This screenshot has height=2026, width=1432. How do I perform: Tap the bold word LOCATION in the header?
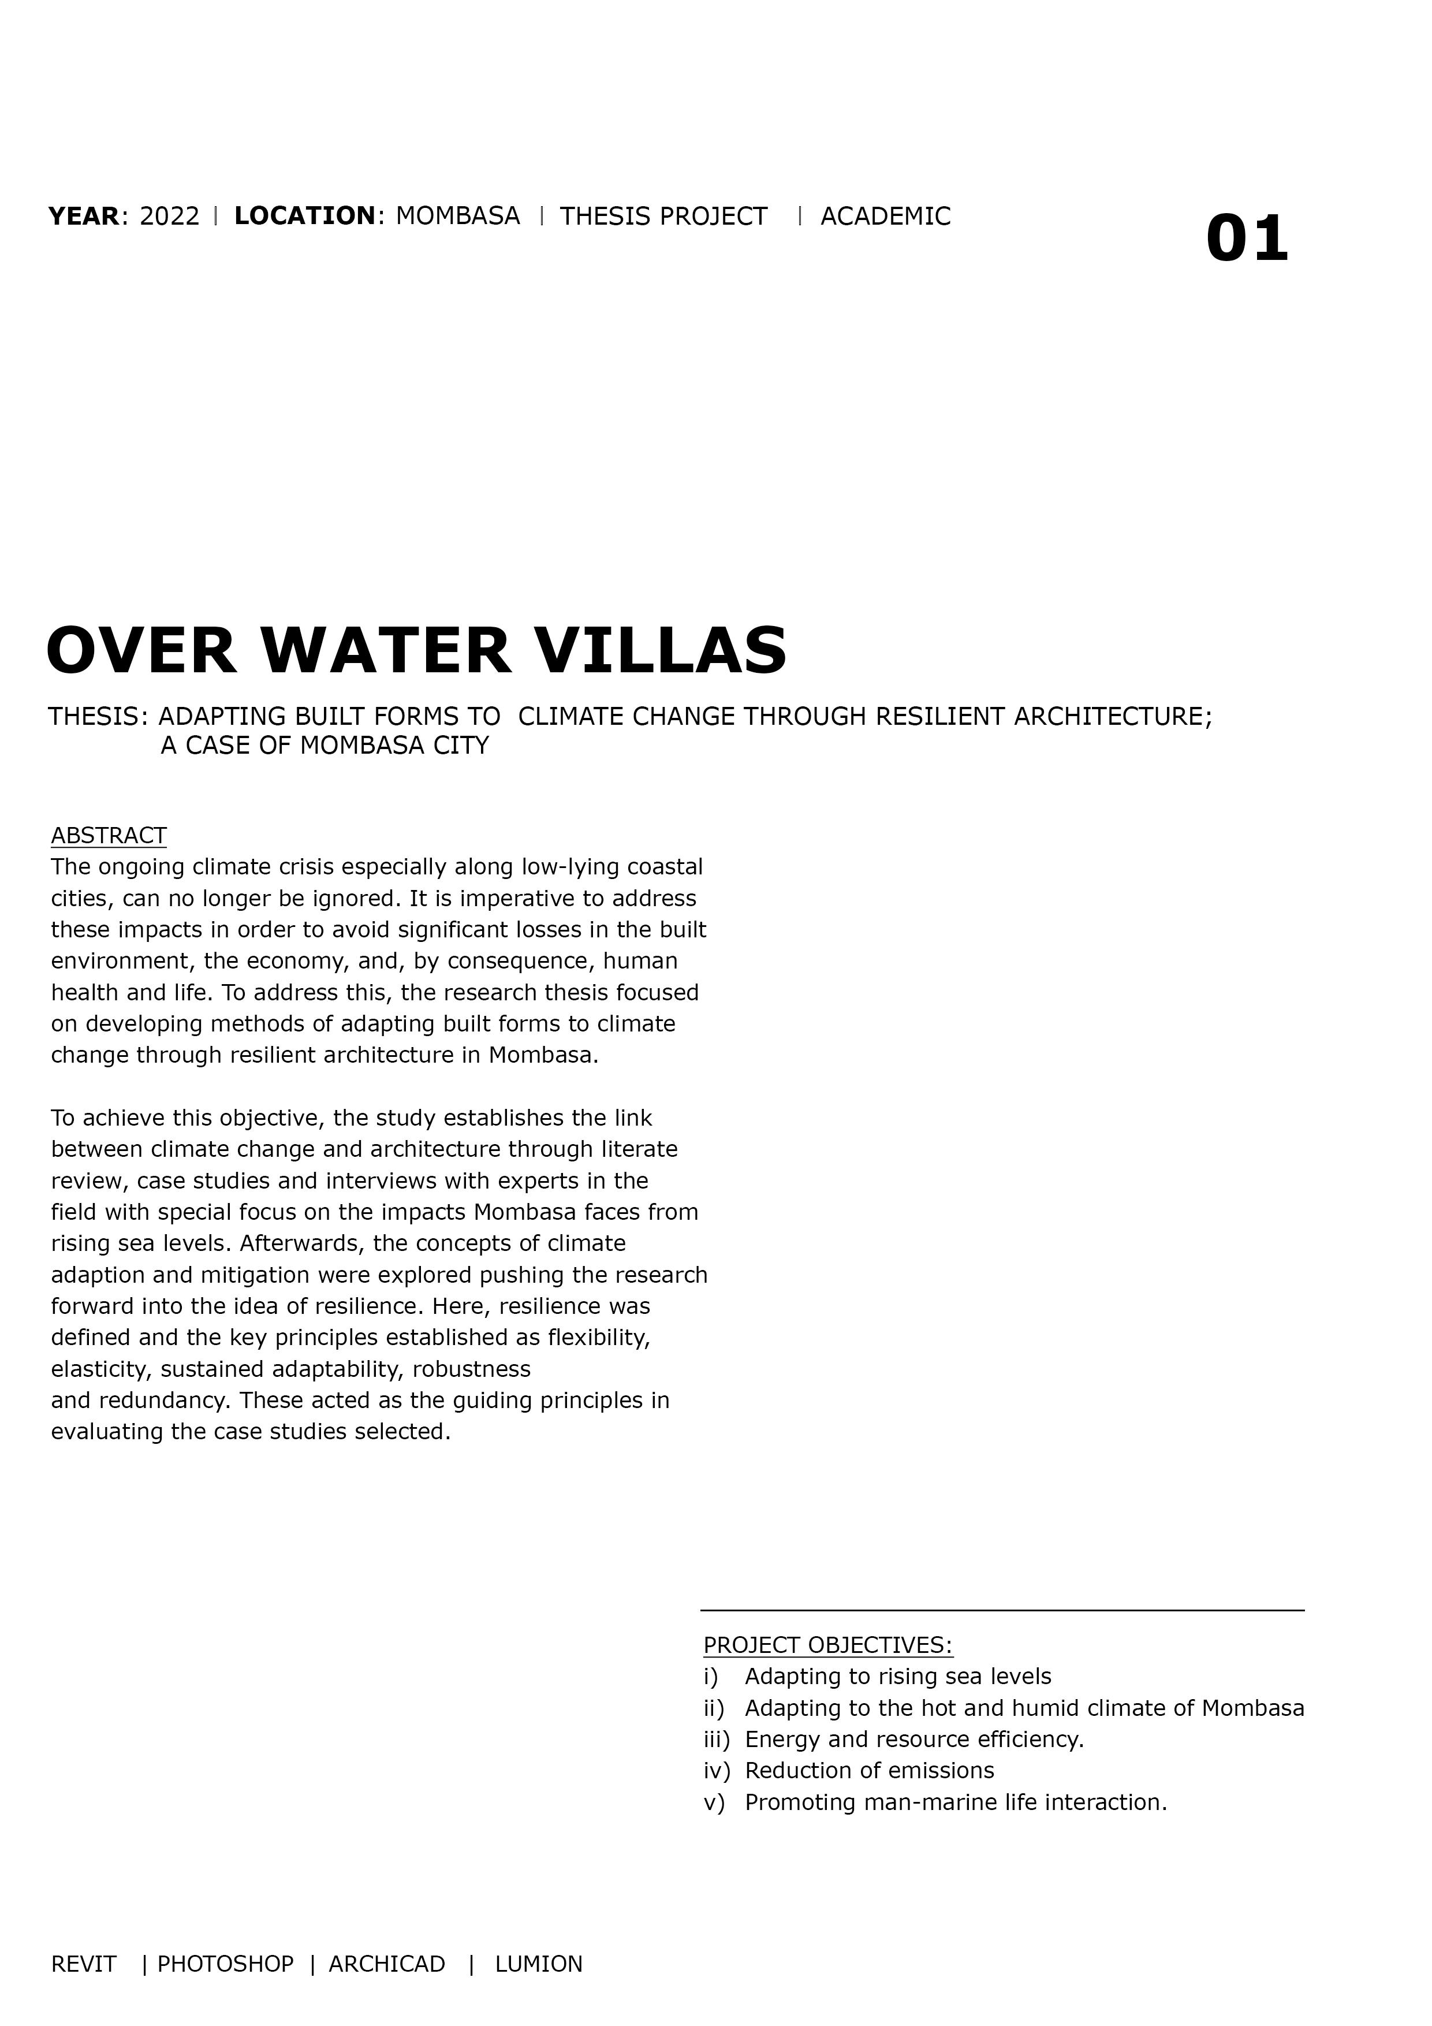coord(304,216)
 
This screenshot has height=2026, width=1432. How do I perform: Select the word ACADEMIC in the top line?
coord(885,216)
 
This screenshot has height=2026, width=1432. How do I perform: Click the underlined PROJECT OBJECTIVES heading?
coord(827,1645)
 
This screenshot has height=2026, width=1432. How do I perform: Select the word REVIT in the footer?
coord(84,1964)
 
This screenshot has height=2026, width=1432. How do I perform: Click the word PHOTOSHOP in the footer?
coord(225,1964)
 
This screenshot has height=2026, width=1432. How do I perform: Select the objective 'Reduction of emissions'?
coord(869,1770)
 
